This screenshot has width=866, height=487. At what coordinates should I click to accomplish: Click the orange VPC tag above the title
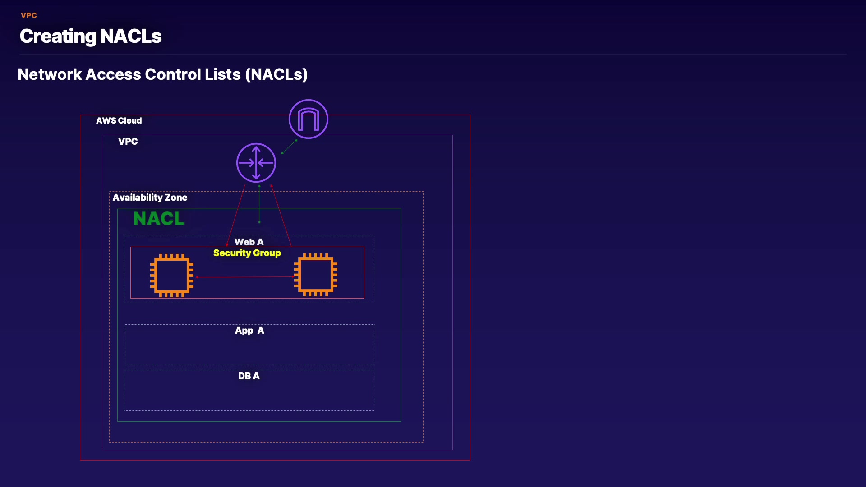pos(29,15)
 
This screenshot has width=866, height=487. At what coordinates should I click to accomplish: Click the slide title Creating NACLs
pos(91,36)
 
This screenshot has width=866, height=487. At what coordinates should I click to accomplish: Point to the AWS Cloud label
pos(119,121)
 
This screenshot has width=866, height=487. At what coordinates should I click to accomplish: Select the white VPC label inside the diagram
pos(128,142)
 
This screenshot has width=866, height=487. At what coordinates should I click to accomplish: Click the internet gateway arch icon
pos(309,119)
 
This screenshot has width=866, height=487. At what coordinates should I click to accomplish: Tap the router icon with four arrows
pos(256,163)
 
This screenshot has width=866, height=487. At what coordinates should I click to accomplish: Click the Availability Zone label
pos(150,198)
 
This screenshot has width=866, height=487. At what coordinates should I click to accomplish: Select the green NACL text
pos(158,219)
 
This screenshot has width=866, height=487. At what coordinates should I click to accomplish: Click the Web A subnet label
pos(249,242)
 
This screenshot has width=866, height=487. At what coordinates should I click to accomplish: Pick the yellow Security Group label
pos(247,253)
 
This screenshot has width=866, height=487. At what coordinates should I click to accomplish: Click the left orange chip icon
pos(172,276)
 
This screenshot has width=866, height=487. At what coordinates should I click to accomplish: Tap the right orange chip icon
pos(316,275)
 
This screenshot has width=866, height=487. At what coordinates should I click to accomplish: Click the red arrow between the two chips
pos(245,277)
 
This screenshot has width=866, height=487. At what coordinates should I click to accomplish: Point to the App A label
pos(249,331)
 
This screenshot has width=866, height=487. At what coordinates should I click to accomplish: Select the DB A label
pos(249,376)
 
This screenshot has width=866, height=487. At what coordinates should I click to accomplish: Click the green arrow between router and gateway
pos(289,147)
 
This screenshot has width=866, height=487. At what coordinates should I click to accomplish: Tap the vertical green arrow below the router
pos(259,204)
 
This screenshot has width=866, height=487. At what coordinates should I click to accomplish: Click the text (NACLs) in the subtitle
pos(276,74)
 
